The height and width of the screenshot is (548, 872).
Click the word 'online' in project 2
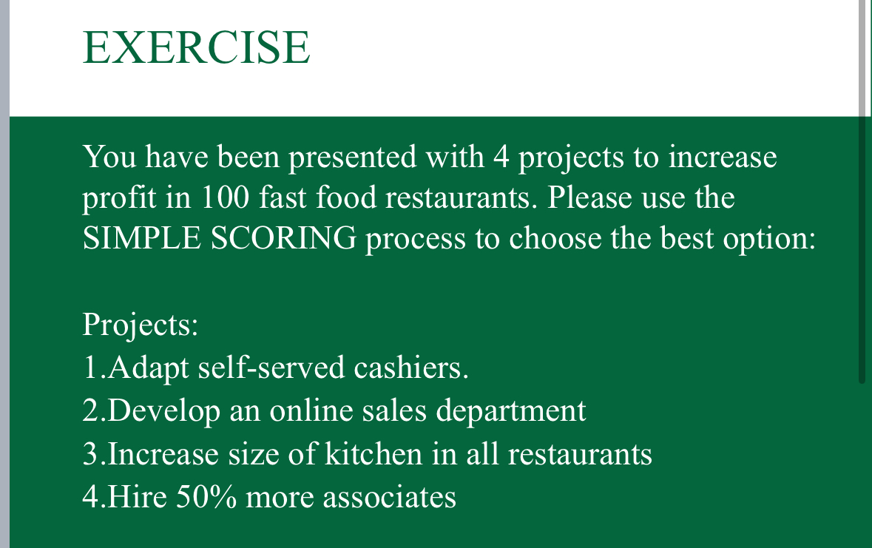304,410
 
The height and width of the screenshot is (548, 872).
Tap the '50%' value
206,496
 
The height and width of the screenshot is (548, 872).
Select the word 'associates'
388,496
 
